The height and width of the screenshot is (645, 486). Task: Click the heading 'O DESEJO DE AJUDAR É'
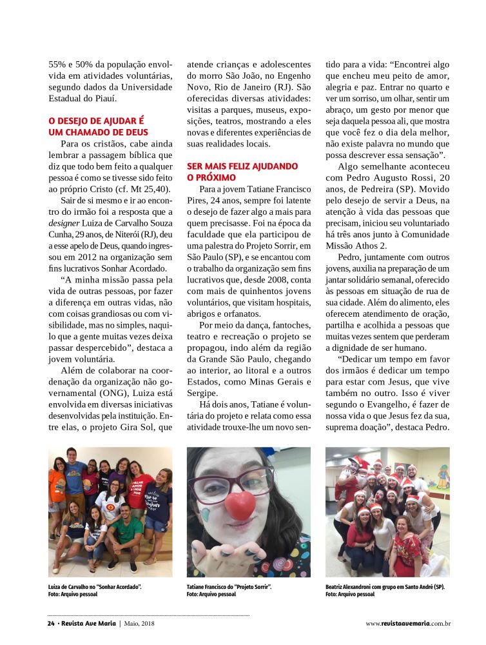click(x=96, y=120)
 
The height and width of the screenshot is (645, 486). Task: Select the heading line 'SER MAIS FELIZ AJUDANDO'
click(x=242, y=166)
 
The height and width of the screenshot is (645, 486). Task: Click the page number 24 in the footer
click(x=52, y=624)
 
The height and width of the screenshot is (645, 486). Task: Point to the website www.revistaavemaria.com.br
click(x=407, y=624)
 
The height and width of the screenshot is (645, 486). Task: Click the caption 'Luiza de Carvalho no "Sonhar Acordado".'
click(x=95, y=587)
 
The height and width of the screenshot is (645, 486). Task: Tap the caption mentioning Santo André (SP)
click(x=385, y=587)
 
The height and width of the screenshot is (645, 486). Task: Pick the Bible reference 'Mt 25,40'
click(x=148, y=189)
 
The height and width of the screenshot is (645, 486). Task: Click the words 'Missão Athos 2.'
click(x=355, y=246)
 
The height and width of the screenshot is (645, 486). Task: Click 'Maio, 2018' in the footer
click(x=139, y=624)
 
